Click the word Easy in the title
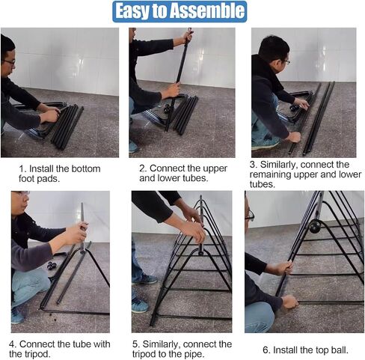[x=132, y=12]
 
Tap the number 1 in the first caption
[x=22, y=169]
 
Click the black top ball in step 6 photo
[x=314, y=227]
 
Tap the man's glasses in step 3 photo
[x=285, y=61]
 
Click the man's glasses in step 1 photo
[x=9, y=61]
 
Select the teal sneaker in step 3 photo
[x=266, y=143]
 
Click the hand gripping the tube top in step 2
[x=186, y=37]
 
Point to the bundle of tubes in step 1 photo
[x=67, y=126]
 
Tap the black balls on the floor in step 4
[x=52, y=266]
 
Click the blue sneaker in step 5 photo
[x=139, y=305]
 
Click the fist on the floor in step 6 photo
[x=290, y=302]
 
